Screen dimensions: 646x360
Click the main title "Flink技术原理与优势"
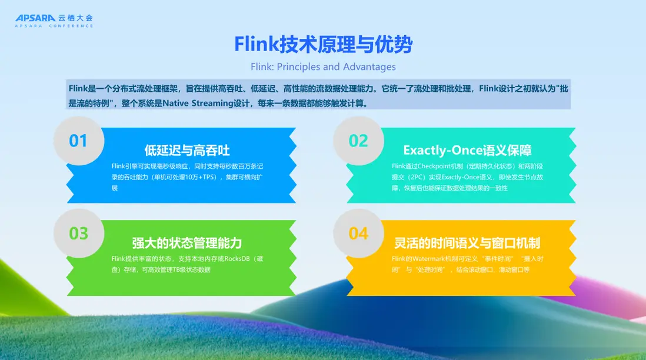click(x=324, y=44)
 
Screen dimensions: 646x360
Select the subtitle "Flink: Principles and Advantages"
click(x=324, y=66)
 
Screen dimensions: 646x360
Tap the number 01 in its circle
click(x=78, y=141)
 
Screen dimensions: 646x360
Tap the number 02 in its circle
click(x=358, y=141)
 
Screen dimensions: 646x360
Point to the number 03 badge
click(x=78, y=234)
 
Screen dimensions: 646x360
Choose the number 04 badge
click(x=358, y=234)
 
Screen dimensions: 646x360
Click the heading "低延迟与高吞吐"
click(x=187, y=151)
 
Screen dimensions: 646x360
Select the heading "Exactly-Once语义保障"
click(x=467, y=151)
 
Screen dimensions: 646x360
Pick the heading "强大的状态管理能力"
click(x=187, y=243)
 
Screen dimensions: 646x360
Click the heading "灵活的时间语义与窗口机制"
click(x=467, y=243)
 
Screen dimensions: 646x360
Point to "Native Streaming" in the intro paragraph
click(x=198, y=103)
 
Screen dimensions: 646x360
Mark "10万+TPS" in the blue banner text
click(x=202, y=177)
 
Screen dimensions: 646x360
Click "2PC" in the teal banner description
click(x=415, y=177)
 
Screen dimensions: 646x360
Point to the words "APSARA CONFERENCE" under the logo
click(x=54, y=26)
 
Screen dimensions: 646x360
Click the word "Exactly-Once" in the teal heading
click(x=442, y=151)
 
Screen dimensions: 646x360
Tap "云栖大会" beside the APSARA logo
click(x=75, y=18)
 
